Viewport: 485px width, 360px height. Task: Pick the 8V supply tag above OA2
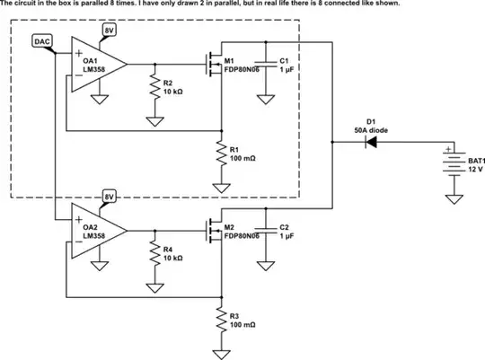[110, 197]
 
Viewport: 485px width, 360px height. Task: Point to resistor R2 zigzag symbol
[154, 88]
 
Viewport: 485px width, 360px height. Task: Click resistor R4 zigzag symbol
[154, 253]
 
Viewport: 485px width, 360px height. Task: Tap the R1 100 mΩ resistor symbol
[220, 154]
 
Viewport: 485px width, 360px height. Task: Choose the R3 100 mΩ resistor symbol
[220, 319]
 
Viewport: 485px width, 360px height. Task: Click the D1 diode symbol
[369, 147]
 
